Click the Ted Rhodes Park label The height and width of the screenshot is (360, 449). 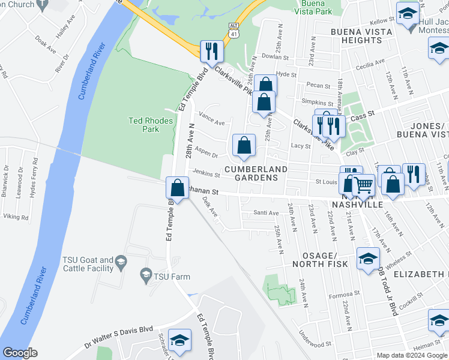(x=151, y=125)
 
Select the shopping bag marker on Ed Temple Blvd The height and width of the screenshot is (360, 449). (x=178, y=188)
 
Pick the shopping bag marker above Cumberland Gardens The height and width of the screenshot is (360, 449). (x=244, y=145)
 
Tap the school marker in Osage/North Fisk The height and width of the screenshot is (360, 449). (x=369, y=259)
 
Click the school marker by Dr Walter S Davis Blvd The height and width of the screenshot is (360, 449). (x=179, y=340)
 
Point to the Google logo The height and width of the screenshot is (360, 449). (x=20, y=353)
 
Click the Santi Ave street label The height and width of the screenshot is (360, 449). (x=266, y=213)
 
